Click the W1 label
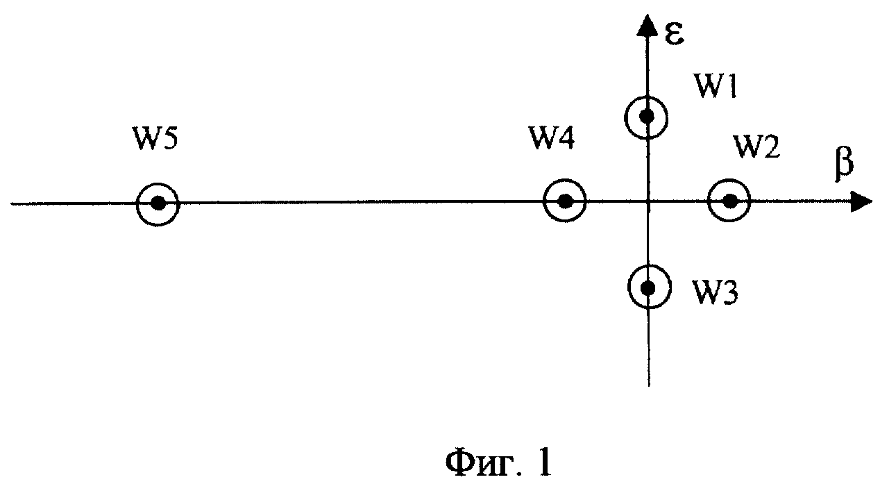[716, 85]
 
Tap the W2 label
[756, 147]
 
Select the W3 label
[715, 292]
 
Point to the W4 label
[552, 138]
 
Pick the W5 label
[155, 139]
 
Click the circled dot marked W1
[646, 117]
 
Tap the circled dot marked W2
[729, 201]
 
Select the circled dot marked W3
[649, 287]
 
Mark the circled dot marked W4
[564, 201]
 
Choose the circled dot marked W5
[158, 204]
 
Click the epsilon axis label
[674, 34]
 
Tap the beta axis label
[844, 165]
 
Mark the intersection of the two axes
[648, 202]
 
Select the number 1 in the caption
[543, 462]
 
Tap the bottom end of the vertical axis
[649, 386]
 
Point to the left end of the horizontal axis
[11, 203]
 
